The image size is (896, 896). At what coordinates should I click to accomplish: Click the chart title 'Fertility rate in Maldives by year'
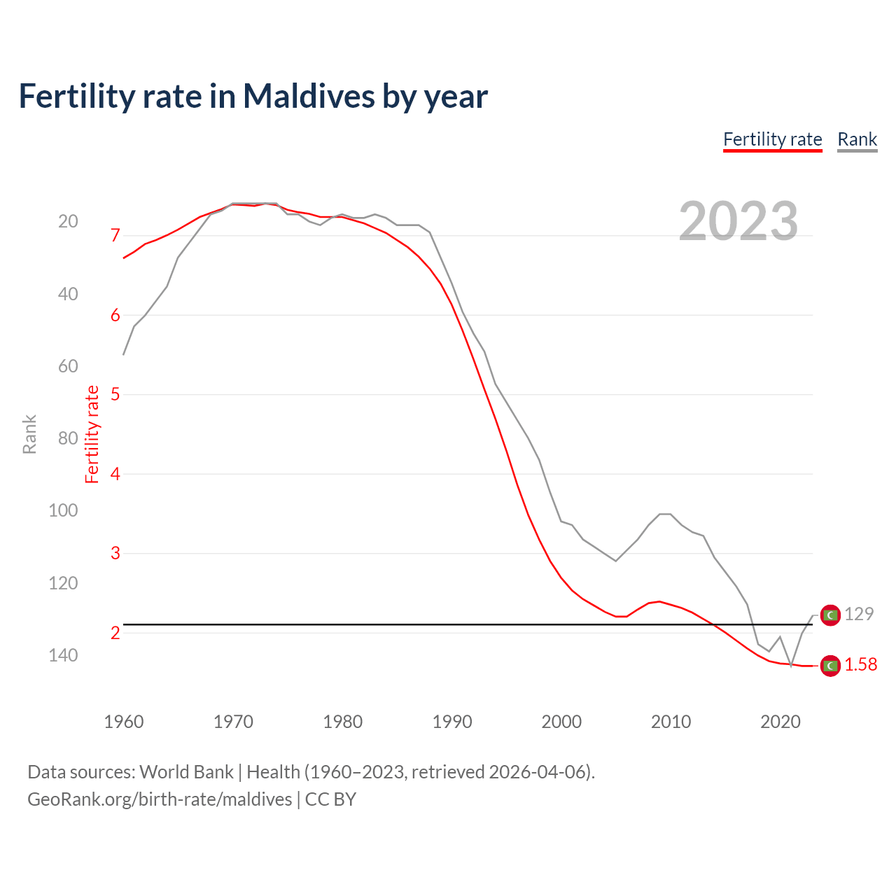[253, 97]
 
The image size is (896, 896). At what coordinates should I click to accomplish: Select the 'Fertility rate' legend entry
[772, 139]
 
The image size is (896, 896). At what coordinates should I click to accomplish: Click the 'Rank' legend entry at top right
[857, 139]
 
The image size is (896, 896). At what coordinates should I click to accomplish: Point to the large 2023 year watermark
[738, 221]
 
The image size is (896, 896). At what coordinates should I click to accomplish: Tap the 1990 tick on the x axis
[452, 722]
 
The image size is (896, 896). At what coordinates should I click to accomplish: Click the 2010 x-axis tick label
[671, 722]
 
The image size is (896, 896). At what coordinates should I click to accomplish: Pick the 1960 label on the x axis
[124, 722]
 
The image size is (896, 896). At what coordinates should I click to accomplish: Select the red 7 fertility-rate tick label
[115, 235]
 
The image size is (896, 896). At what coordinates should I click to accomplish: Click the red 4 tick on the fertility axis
[115, 474]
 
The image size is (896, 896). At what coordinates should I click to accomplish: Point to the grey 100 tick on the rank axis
[63, 510]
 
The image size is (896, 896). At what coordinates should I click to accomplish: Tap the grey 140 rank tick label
[63, 655]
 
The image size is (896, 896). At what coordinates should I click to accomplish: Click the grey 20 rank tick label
[68, 222]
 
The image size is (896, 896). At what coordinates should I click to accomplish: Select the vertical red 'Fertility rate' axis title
[92, 434]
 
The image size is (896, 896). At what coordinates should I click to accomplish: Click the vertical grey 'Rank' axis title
[29, 434]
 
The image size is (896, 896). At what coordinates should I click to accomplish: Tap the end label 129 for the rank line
[859, 614]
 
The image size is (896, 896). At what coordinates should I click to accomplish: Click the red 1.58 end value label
[860, 665]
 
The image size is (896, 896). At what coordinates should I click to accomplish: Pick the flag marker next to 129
[830, 615]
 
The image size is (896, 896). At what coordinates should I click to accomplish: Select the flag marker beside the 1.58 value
[830, 666]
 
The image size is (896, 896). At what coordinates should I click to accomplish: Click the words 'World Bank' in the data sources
[186, 772]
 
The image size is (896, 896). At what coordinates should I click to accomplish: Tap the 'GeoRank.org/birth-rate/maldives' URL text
[160, 799]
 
